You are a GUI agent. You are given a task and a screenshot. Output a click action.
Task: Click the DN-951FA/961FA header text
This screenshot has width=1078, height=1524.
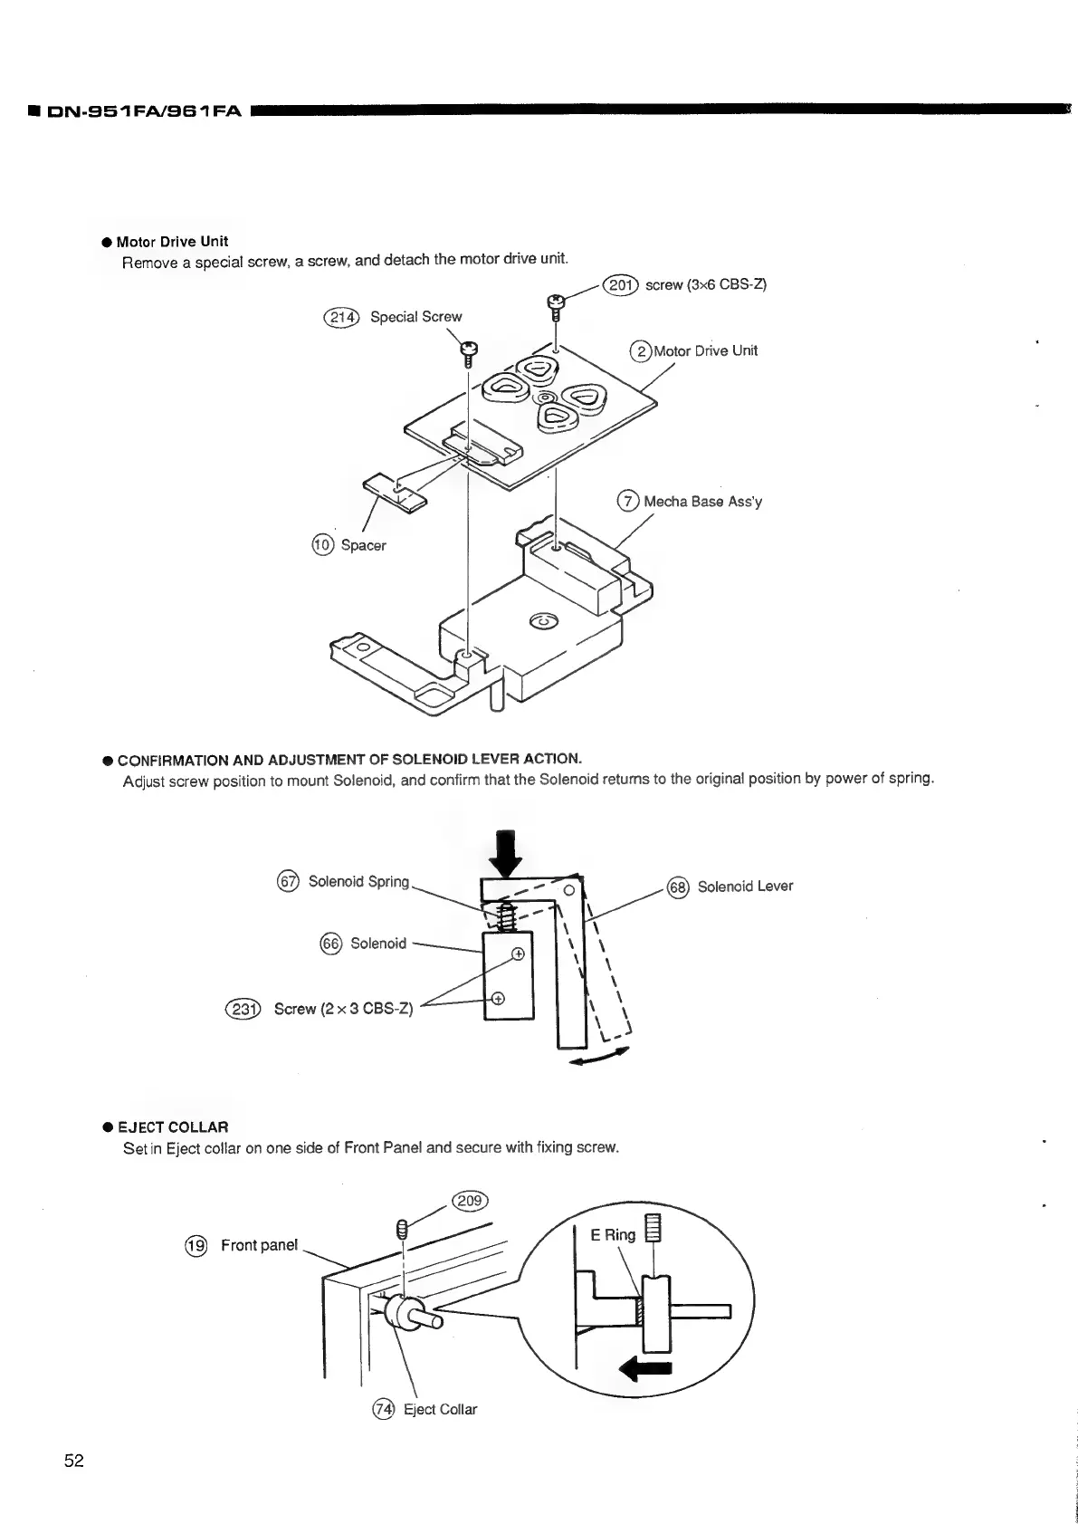coord(134,111)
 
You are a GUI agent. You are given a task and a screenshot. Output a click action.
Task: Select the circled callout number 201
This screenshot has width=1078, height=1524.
coord(621,285)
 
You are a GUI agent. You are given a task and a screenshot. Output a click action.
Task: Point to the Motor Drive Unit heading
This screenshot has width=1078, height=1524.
coord(172,242)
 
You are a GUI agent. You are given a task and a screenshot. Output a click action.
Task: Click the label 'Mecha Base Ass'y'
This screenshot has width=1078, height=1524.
coord(702,502)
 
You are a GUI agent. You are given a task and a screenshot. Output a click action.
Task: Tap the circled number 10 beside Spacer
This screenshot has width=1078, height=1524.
coord(322,545)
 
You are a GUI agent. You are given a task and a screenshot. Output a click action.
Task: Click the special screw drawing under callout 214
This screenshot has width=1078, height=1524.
coord(469,353)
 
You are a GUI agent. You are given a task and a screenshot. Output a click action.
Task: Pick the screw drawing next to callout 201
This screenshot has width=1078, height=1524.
coord(555,304)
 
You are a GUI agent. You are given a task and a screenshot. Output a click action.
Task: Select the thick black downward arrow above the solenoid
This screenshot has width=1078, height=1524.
coord(510,853)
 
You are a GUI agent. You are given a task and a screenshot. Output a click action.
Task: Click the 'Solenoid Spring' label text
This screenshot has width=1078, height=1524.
coord(358,882)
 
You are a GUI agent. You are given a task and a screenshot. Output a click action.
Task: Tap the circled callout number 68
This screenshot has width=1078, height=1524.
coord(678,887)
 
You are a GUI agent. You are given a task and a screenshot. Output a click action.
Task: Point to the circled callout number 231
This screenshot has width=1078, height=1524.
coord(243,1009)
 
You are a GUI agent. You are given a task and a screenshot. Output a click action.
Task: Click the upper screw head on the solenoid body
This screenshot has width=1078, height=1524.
coord(518,954)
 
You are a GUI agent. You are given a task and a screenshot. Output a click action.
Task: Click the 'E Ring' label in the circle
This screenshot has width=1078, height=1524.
coord(613,1235)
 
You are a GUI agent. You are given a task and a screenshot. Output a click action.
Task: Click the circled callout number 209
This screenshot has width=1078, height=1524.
coord(472,1202)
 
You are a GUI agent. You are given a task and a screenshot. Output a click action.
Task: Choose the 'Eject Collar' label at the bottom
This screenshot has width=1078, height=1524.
coord(440,1410)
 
